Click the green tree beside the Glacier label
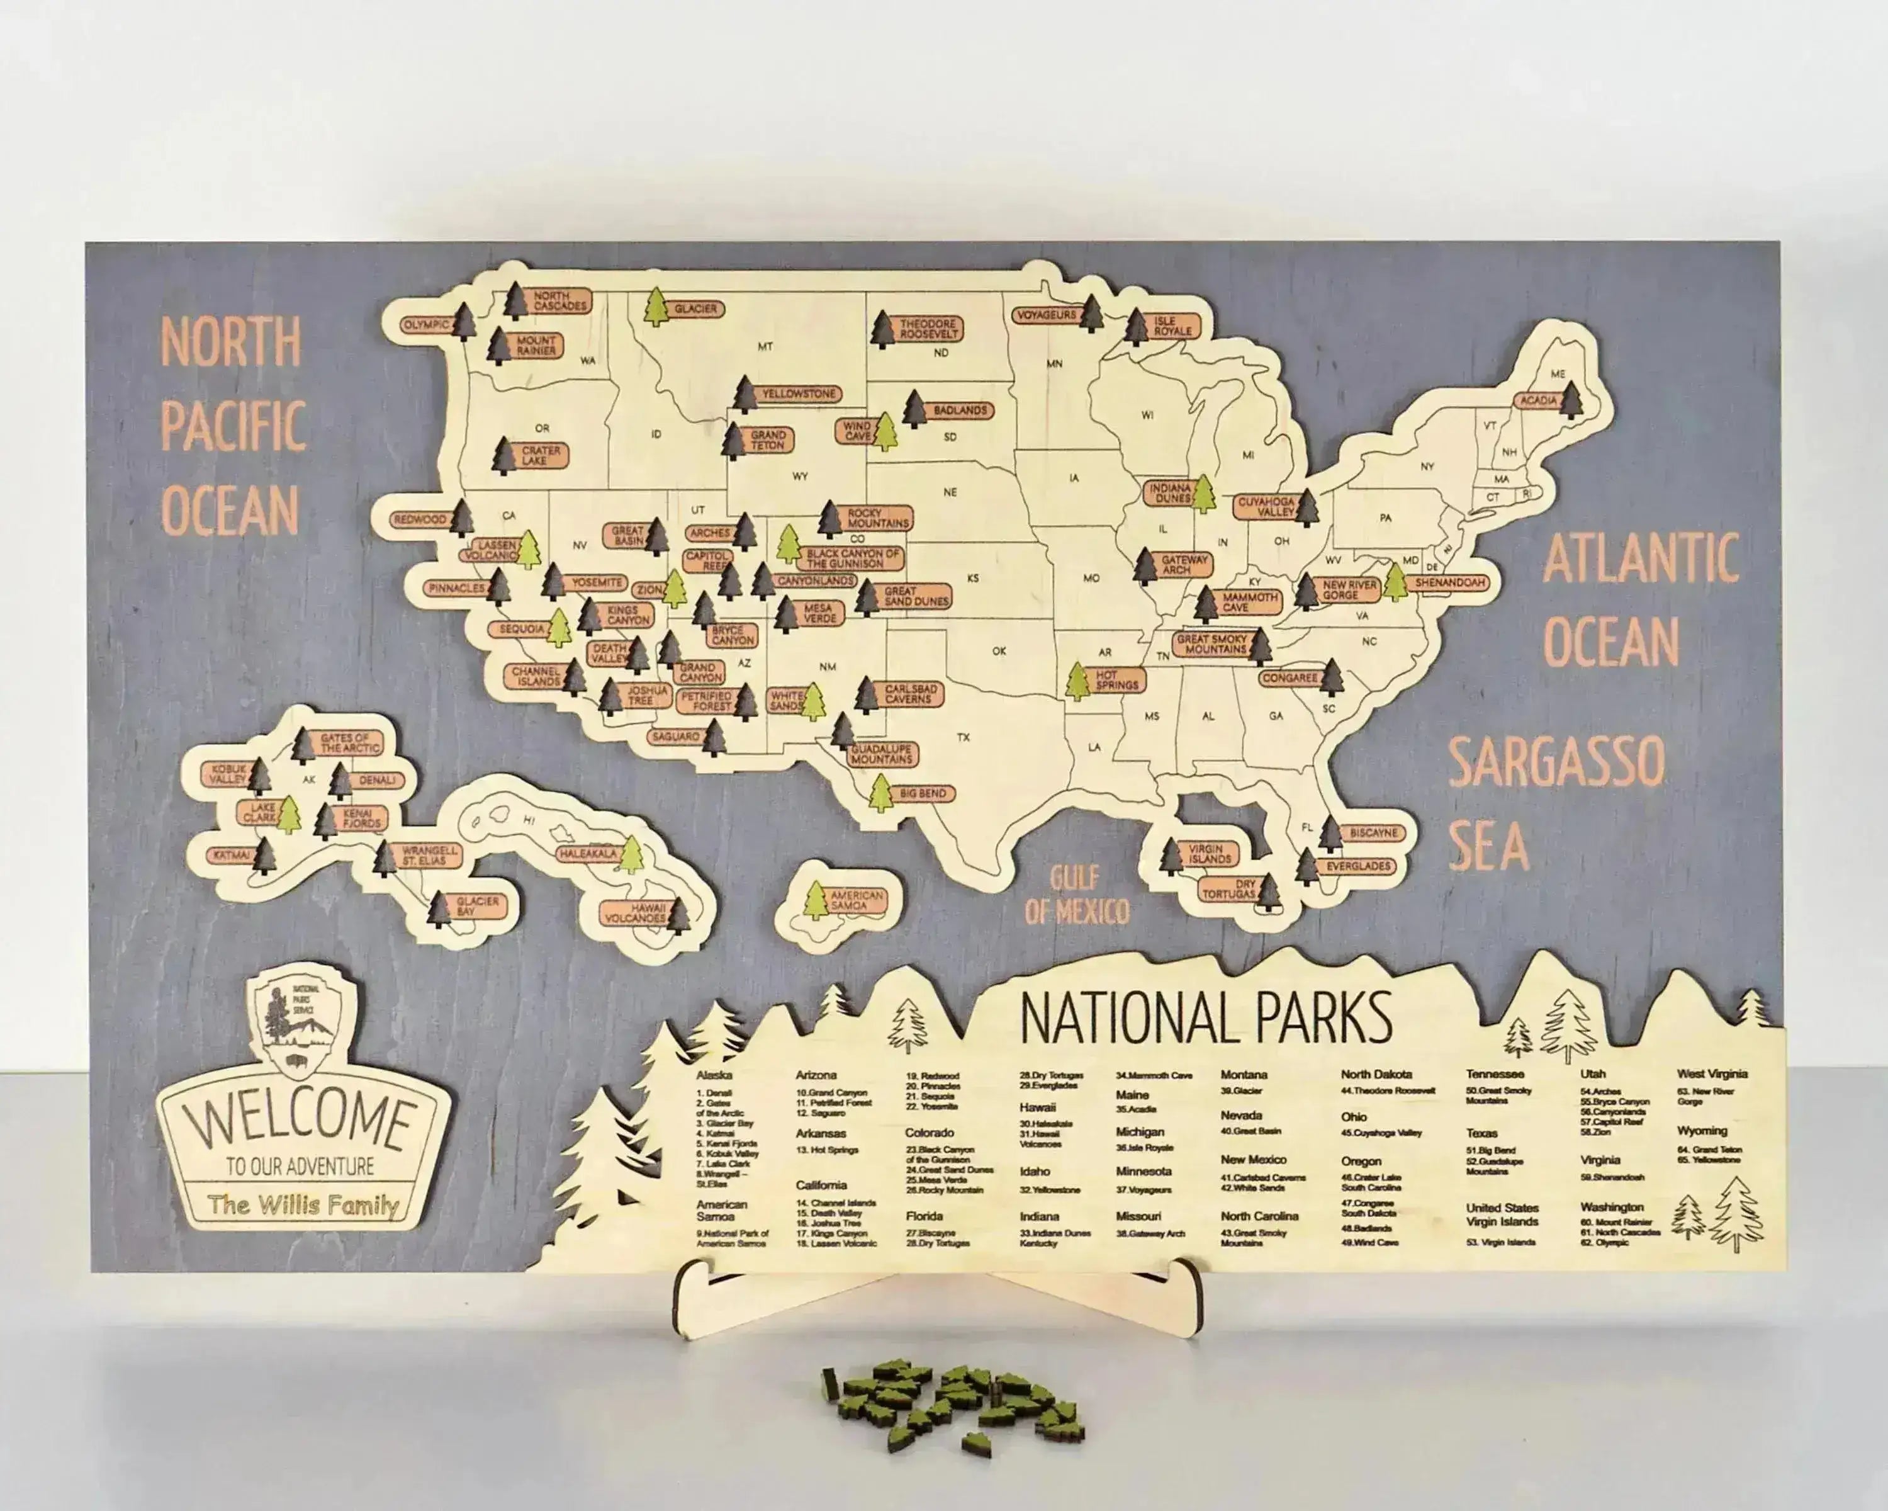(x=656, y=307)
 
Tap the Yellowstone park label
(x=799, y=394)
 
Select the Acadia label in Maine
(x=1537, y=400)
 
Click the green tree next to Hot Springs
(x=1078, y=681)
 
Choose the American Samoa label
(x=857, y=900)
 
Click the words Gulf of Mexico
(x=1076, y=895)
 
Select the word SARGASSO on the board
(x=1556, y=762)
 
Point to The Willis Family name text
(x=303, y=1205)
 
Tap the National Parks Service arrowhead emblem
(x=296, y=1023)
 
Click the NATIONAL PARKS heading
(x=1206, y=1018)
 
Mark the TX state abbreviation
(x=964, y=737)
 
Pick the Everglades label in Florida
(x=1358, y=866)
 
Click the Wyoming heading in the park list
(x=1702, y=1131)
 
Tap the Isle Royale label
(x=1172, y=327)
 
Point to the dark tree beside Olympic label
(x=464, y=322)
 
